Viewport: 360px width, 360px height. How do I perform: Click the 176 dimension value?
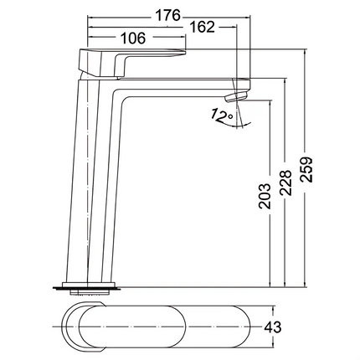[168, 15]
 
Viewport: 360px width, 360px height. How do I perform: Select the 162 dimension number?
[202, 27]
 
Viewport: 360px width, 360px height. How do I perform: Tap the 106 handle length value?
[133, 38]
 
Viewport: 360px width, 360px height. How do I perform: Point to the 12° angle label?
[221, 116]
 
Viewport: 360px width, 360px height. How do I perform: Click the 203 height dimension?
[265, 196]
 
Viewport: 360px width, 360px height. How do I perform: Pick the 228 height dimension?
[285, 183]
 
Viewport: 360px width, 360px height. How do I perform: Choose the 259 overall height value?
[306, 170]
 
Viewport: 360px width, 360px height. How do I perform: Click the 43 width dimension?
[272, 327]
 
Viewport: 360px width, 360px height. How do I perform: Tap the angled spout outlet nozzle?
[236, 97]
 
